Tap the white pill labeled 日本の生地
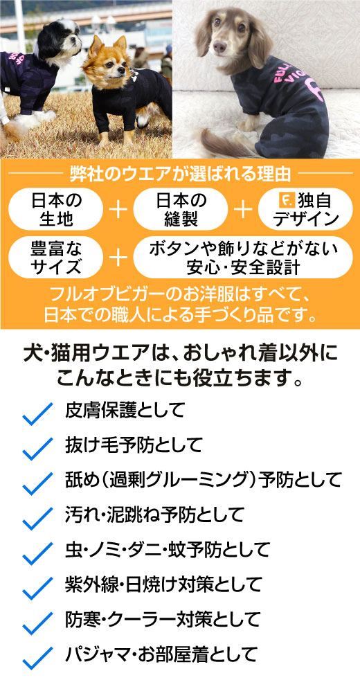[x=56, y=209]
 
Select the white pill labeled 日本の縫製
[x=180, y=209]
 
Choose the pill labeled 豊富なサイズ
[x=56, y=257]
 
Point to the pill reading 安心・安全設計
[x=242, y=257]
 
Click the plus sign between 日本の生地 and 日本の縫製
[x=118, y=210]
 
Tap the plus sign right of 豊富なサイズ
[x=118, y=258]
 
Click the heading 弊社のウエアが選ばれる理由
[x=180, y=174]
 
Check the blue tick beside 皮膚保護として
[x=37, y=413]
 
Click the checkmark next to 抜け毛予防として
[x=37, y=448]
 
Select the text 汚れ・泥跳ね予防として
[x=154, y=514]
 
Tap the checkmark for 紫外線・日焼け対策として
[x=37, y=588]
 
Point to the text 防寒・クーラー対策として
[x=163, y=619]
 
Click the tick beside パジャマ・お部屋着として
[x=37, y=657]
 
